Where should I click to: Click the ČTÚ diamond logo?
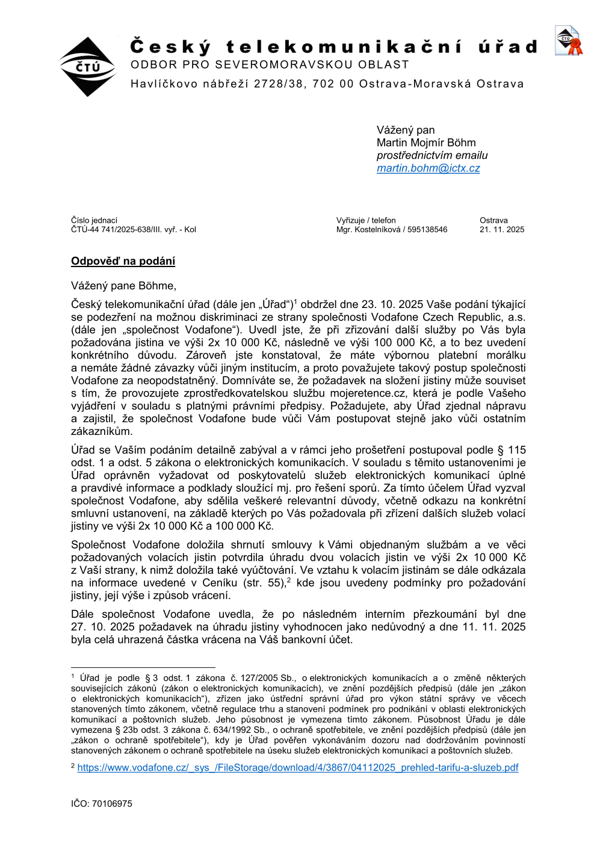click(88, 67)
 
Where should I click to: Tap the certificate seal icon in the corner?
click(568, 41)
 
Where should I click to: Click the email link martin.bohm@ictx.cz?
click(428, 168)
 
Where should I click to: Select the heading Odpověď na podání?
click(123, 261)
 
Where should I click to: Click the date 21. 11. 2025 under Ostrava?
click(501, 230)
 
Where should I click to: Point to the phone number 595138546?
click(427, 230)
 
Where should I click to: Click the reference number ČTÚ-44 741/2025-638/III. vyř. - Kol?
click(133, 230)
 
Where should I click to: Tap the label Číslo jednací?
click(94, 221)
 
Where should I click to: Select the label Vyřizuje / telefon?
click(366, 221)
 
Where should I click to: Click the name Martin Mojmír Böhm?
click(425, 143)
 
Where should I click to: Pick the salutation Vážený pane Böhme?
click(123, 286)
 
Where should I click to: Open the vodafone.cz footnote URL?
click(297, 768)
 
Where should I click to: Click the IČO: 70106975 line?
click(101, 804)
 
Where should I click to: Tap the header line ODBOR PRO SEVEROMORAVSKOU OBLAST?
click(270, 65)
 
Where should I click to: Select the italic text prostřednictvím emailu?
click(432, 156)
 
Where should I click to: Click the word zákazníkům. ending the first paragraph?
click(102, 431)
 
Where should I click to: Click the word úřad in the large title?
click(507, 47)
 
